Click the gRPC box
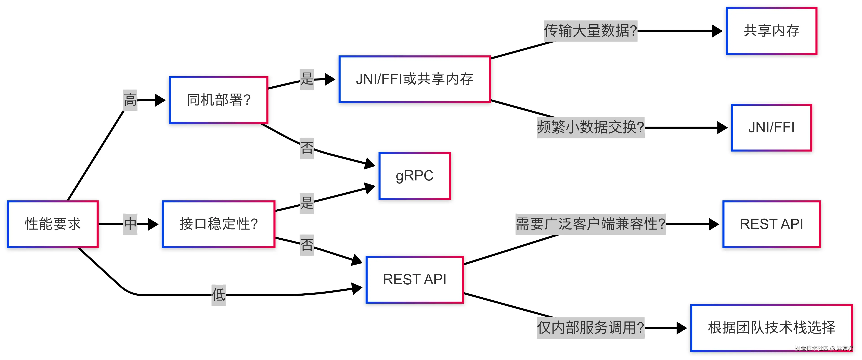click(415, 176)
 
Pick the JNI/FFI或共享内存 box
click(415, 79)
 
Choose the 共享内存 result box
click(771, 31)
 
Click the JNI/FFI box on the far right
click(771, 127)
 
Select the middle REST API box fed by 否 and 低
click(415, 280)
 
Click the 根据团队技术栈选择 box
click(771, 328)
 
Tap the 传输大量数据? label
click(590, 31)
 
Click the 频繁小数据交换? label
click(590, 127)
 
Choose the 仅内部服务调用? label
click(590, 328)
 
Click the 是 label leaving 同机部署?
click(307, 79)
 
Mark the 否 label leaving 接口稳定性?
click(307, 245)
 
